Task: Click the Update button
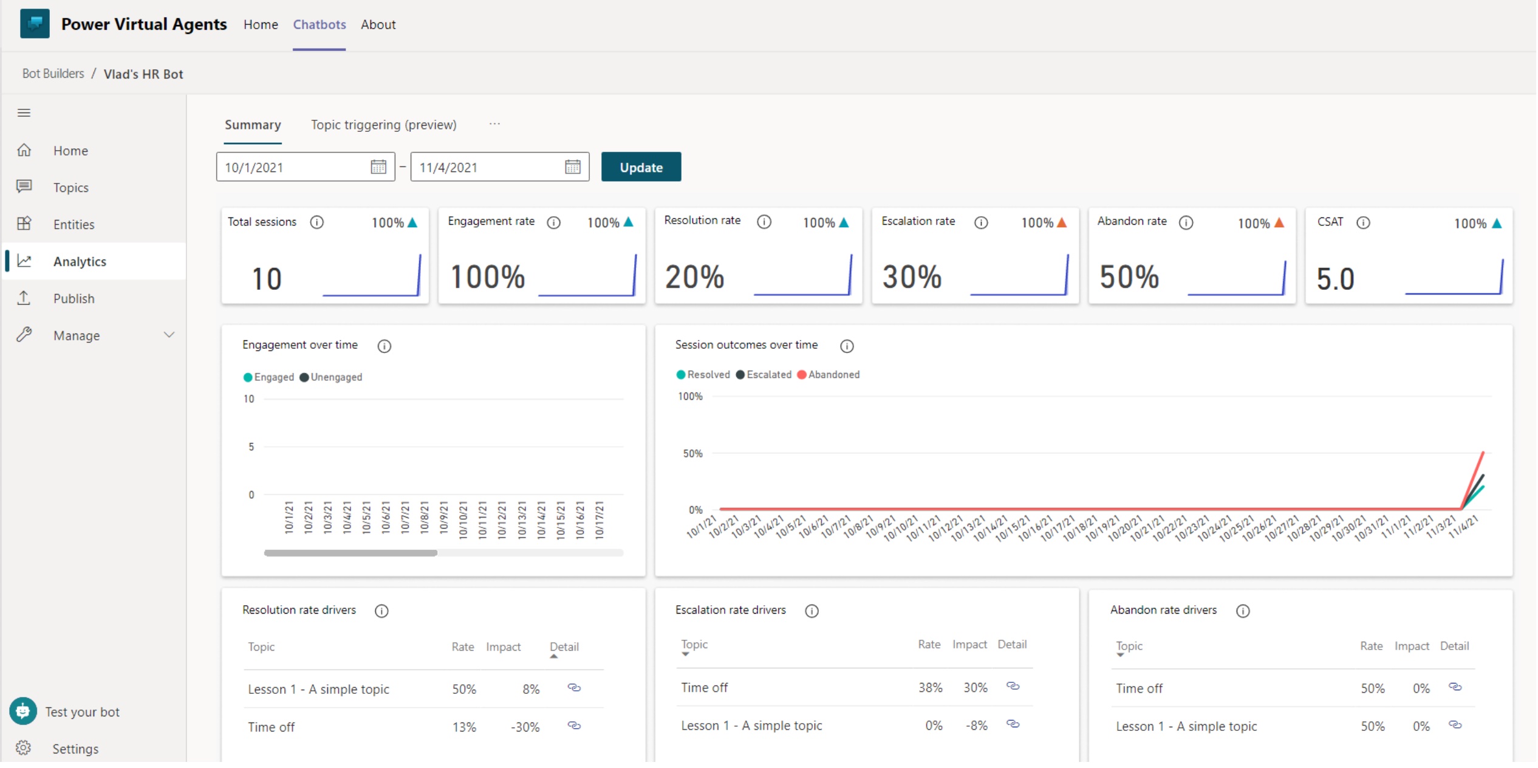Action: (x=641, y=167)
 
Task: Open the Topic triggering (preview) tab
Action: (x=383, y=125)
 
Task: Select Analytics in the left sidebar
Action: (x=80, y=261)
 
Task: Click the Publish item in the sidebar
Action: (x=73, y=298)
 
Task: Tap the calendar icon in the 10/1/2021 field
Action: (x=378, y=167)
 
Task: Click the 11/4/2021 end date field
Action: (x=486, y=167)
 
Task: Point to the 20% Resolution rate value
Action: (x=694, y=277)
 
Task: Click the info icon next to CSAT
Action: (x=1363, y=222)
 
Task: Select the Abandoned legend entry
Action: (x=829, y=374)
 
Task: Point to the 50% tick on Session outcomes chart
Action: (x=692, y=453)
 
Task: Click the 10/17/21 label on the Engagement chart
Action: (x=600, y=519)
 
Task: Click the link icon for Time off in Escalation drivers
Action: (x=1013, y=686)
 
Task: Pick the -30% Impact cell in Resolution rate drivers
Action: (x=525, y=727)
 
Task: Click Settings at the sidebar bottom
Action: (x=75, y=749)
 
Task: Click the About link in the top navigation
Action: (x=378, y=25)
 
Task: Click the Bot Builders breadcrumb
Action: (x=53, y=74)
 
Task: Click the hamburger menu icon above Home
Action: (x=24, y=112)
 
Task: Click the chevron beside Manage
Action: (x=169, y=335)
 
